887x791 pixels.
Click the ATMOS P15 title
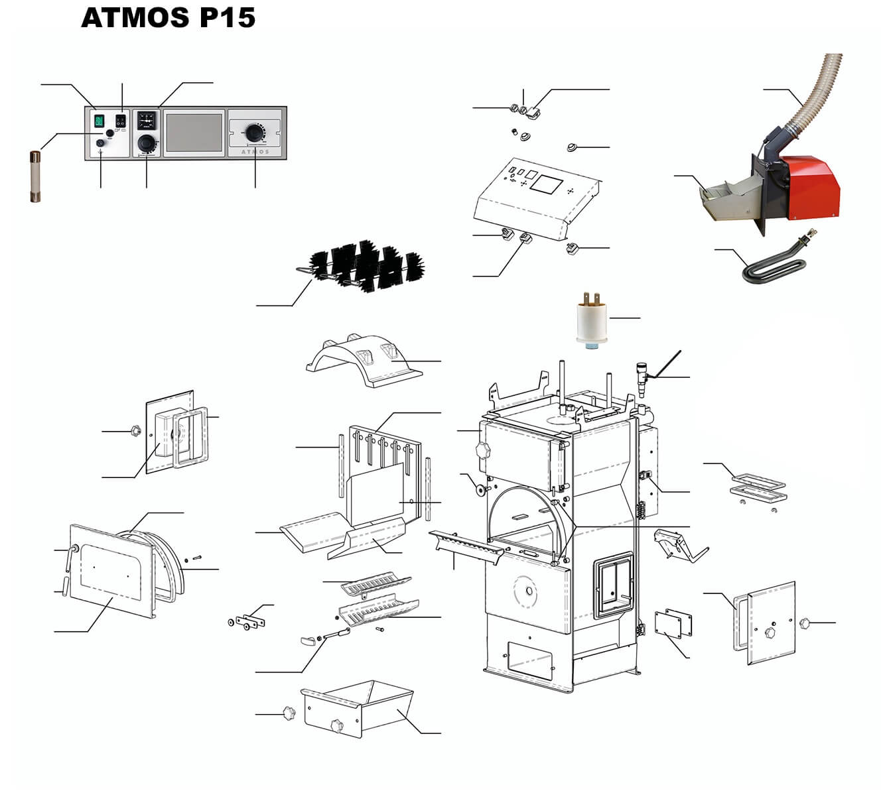click(x=168, y=18)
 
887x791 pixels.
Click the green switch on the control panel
click(x=100, y=121)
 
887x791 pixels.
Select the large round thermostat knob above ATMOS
click(x=253, y=131)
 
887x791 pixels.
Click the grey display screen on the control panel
click(x=193, y=131)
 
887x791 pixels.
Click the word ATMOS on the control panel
click(x=255, y=152)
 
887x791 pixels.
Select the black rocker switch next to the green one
click(x=120, y=121)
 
